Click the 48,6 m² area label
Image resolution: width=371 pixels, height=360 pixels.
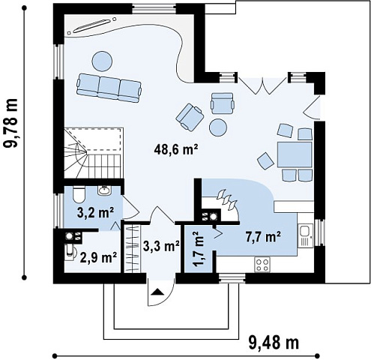pos(176,149)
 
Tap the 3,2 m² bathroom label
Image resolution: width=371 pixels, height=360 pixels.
pos(96,213)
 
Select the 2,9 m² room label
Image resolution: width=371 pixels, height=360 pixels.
pos(98,257)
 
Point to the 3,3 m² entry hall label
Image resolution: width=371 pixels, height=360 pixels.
pos(161,247)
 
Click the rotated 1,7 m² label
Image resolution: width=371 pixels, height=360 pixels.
pos(199,250)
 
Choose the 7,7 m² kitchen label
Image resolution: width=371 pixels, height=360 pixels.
pos(263,237)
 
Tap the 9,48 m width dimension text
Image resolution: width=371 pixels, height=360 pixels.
pos(274,343)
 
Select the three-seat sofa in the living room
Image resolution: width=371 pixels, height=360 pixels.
pos(109,88)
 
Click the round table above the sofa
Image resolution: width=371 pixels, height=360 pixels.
pos(102,61)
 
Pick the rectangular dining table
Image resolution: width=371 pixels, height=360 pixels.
pos(295,154)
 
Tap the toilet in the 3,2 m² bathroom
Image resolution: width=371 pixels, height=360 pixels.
pos(79,195)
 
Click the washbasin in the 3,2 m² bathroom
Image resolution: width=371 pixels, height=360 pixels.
pos(104,190)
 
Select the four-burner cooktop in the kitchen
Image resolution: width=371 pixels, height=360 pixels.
pos(262,265)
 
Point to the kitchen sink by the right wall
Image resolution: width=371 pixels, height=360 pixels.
pos(305,235)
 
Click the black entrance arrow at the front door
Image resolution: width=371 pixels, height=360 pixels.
pos(157,292)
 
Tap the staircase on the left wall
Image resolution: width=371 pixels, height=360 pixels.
pos(94,153)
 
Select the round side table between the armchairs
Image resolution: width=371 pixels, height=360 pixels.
pos(218,127)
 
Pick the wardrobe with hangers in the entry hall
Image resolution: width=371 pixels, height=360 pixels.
pos(132,249)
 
